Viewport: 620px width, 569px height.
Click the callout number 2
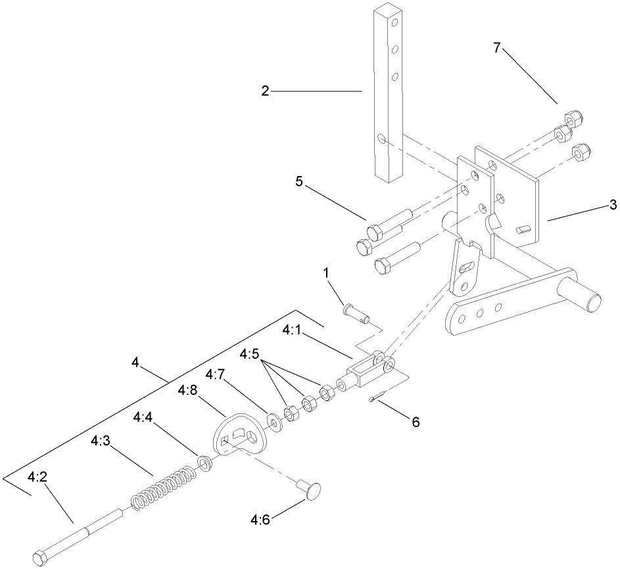264,91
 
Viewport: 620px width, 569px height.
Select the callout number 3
613,205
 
